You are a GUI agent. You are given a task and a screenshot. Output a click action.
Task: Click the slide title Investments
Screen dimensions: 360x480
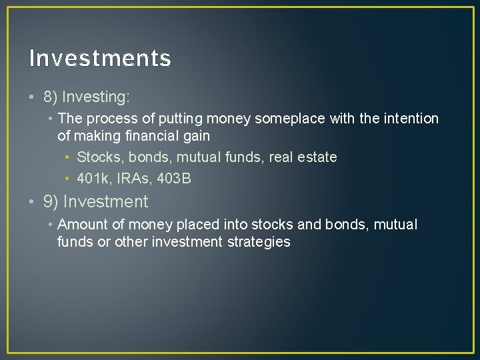(100, 59)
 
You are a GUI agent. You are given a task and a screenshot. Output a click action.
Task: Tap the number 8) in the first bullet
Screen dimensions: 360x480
(51, 97)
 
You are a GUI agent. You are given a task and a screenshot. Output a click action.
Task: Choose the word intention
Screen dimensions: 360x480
(410, 119)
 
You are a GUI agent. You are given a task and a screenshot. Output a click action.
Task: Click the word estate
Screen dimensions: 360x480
(317, 157)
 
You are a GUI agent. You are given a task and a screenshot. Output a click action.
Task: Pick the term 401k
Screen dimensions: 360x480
(93, 178)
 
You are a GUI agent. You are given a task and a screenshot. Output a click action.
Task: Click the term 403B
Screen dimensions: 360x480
(174, 178)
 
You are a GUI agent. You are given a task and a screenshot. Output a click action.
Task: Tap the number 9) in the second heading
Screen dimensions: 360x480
(51, 201)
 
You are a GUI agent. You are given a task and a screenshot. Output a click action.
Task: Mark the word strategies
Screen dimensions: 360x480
(258, 242)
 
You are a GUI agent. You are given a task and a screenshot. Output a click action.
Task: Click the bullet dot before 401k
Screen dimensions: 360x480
(68, 178)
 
